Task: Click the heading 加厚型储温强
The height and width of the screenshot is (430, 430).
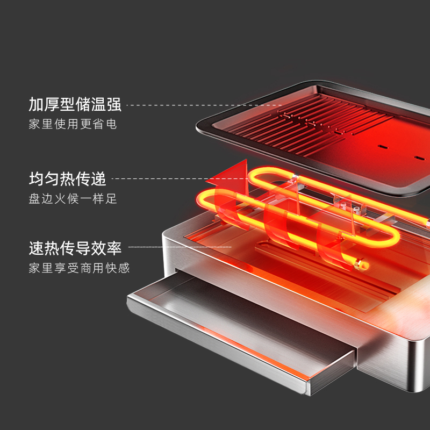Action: (x=75, y=104)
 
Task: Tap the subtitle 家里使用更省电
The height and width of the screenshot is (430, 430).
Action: (x=73, y=124)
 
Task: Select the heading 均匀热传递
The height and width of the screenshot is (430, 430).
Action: (x=68, y=178)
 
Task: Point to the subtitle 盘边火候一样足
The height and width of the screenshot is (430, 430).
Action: (x=73, y=198)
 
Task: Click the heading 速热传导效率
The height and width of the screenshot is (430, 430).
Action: (x=75, y=248)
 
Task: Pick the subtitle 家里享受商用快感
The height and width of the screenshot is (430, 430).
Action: (x=79, y=268)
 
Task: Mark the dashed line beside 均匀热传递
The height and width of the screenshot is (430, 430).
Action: (x=161, y=178)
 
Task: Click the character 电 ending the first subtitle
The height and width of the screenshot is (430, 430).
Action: (x=111, y=124)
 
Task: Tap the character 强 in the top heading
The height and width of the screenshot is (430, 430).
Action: (x=114, y=104)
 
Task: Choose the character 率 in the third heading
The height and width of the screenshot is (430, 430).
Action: (x=114, y=248)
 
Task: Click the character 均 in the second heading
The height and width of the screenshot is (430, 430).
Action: (x=37, y=178)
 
